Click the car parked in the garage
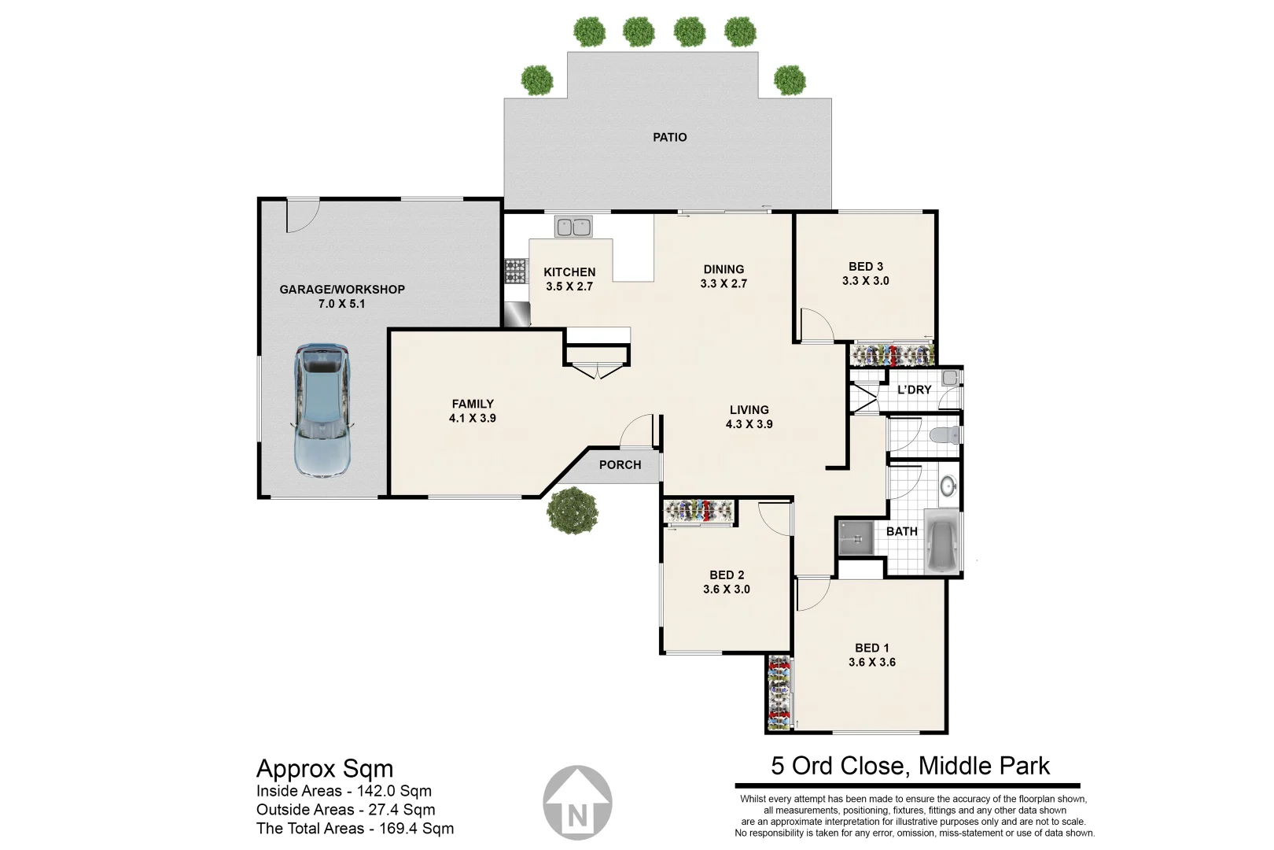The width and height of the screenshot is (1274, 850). [321, 410]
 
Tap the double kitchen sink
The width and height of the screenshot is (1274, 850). [573, 227]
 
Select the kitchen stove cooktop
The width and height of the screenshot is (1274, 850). [515, 271]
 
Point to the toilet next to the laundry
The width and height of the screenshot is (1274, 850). [944, 434]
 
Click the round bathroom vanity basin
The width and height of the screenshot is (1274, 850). [948, 487]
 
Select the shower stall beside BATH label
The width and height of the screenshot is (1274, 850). [855, 538]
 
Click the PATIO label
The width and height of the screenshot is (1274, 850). [670, 137]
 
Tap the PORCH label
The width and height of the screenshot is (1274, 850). [620, 464]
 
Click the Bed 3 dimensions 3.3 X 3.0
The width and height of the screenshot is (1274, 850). [865, 280]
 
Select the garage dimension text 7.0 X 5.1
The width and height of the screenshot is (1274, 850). [341, 303]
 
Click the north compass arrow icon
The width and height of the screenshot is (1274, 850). [578, 802]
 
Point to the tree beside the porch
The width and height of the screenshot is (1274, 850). [573, 511]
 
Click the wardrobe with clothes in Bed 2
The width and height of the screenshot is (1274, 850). [700, 512]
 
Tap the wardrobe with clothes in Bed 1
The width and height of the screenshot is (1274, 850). [779, 693]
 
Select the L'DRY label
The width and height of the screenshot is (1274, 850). [914, 390]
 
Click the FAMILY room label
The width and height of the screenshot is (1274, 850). [473, 404]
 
